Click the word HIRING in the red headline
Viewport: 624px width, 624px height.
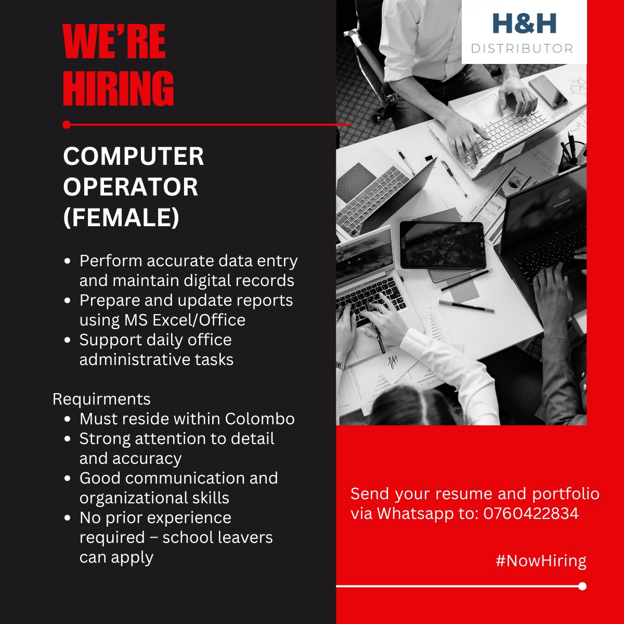[118, 88]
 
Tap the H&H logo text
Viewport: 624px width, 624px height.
[524, 23]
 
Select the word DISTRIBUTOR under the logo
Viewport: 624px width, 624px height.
[522, 48]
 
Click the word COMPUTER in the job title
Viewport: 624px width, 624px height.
[134, 157]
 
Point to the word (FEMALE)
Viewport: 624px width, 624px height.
[121, 217]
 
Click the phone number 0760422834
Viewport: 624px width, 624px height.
[531, 513]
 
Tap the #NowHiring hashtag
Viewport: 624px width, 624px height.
[541, 561]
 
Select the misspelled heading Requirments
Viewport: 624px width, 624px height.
[101, 399]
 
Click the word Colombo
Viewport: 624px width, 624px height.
[259, 419]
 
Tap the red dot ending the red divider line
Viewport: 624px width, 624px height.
[66, 124]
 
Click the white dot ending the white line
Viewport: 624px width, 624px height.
[582, 586]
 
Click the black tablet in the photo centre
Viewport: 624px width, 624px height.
[443, 245]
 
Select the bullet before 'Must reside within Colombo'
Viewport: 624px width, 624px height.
[67, 419]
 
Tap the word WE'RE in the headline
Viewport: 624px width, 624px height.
[114, 42]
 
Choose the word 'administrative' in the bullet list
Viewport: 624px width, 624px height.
[135, 359]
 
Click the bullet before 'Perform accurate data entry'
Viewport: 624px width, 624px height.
[67, 261]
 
